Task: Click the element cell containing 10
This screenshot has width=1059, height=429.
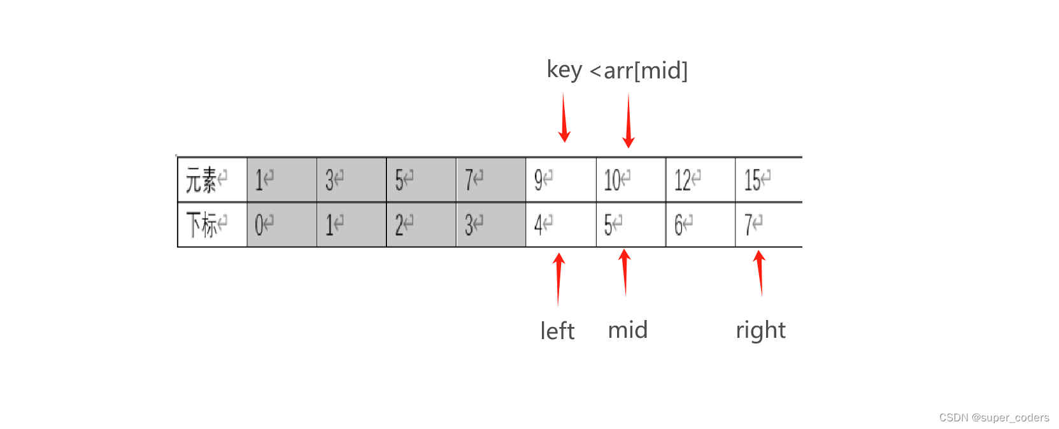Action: pos(630,180)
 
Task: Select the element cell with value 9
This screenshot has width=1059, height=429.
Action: pos(560,180)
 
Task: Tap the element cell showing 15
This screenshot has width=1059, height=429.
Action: pos(768,180)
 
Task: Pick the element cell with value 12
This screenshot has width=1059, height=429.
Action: pos(700,180)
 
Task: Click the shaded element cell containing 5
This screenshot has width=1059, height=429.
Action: pos(421,180)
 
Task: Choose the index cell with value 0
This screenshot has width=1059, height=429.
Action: pos(281,224)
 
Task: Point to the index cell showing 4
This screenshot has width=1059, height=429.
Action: pos(560,224)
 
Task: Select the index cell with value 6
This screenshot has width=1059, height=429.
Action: pos(700,224)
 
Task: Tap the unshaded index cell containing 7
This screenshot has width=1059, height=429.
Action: pos(768,224)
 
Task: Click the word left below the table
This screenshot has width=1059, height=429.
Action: pos(557,331)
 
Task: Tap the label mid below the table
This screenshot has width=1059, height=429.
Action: pos(628,330)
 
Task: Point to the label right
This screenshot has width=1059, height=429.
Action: pos(760,330)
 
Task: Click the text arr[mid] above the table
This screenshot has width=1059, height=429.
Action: pos(646,71)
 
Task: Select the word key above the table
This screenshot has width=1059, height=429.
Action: pos(564,69)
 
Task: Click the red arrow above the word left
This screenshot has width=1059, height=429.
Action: pos(558,279)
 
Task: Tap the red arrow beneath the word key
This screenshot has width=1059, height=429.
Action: pos(564,118)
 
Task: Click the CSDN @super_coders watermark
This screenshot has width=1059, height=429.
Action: pos(993,418)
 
